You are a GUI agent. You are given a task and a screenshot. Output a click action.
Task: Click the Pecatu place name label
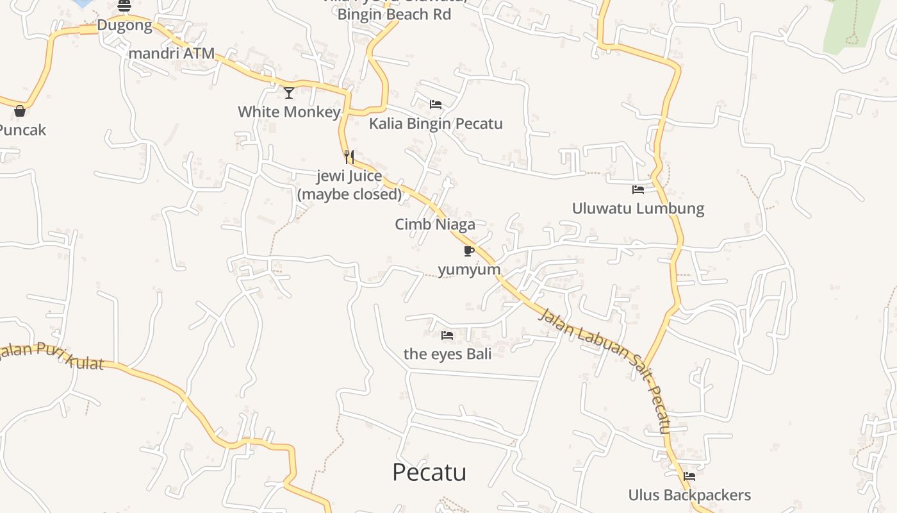pyautogui.click(x=429, y=473)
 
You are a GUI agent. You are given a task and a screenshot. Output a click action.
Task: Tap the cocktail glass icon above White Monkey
pyautogui.click(x=289, y=93)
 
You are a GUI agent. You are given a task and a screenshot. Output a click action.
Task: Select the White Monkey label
pyautogui.click(x=289, y=112)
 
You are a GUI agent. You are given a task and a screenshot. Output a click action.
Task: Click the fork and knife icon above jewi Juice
pyautogui.click(x=349, y=156)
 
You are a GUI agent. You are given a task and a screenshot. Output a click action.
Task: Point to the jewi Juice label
pyautogui.click(x=349, y=185)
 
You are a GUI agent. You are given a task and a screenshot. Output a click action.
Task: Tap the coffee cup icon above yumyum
pyautogui.click(x=469, y=251)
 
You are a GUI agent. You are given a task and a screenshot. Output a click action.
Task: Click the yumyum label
pyautogui.click(x=469, y=269)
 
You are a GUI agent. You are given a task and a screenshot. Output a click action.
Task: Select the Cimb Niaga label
pyautogui.click(x=435, y=224)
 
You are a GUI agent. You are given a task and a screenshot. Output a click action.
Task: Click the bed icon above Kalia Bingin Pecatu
pyautogui.click(x=436, y=105)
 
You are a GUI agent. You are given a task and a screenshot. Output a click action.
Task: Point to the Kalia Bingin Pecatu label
pyautogui.click(x=436, y=124)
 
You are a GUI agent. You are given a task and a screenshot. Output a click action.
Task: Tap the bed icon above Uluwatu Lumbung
pyautogui.click(x=638, y=190)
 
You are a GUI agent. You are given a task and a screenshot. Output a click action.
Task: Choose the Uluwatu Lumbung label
pyautogui.click(x=638, y=208)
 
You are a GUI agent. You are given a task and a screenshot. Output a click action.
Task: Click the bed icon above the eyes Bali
pyautogui.click(x=447, y=335)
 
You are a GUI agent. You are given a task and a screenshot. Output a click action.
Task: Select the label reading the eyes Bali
pyautogui.click(x=447, y=354)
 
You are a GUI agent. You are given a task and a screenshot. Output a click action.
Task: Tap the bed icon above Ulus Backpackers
pyautogui.click(x=689, y=476)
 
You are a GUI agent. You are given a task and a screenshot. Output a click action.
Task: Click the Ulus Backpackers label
pyautogui.click(x=689, y=495)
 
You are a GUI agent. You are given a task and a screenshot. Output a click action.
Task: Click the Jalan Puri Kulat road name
pyautogui.click(x=51, y=356)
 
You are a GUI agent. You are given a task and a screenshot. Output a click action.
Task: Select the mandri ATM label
pyautogui.click(x=171, y=54)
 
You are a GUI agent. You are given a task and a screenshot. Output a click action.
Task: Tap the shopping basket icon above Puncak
pyautogui.click(x=20, y=111)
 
